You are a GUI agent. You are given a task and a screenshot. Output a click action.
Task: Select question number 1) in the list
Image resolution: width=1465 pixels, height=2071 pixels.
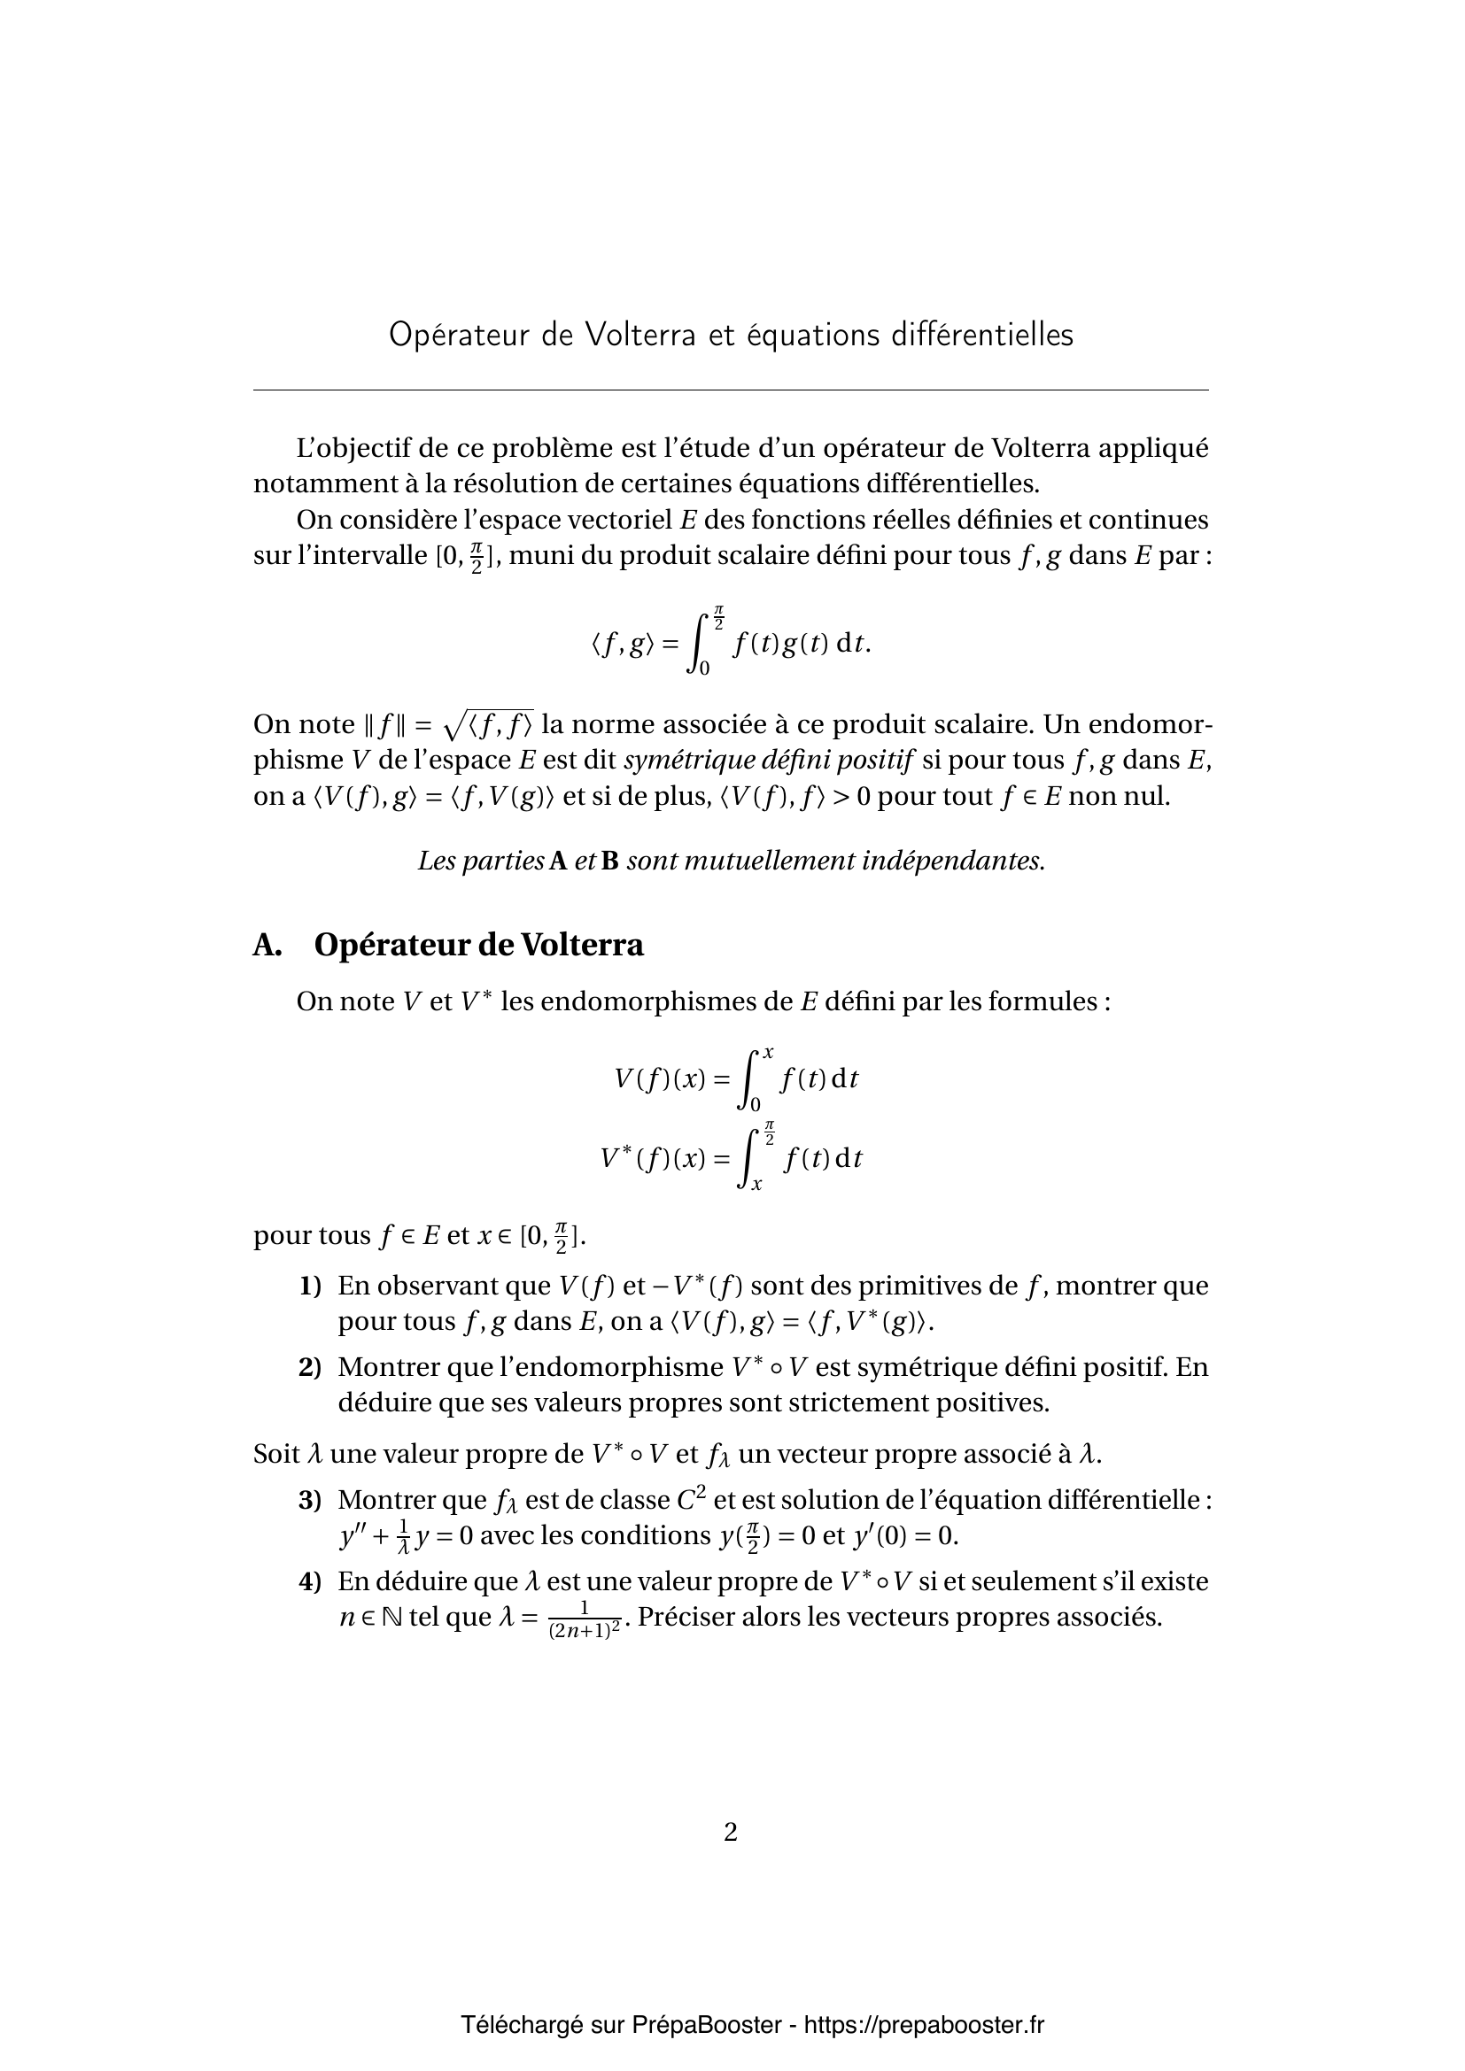309,1286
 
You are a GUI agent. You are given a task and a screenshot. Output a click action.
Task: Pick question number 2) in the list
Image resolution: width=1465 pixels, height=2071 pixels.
309,1366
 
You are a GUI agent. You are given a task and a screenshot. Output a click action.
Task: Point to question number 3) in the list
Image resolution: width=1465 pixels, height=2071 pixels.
309,1500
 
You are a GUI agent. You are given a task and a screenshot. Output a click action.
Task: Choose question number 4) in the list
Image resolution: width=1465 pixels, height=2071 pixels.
309,1581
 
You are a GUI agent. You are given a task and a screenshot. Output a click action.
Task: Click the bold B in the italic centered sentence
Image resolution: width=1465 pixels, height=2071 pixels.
609,862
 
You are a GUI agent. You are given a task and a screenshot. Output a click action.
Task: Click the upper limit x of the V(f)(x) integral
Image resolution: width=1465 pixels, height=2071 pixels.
768,1053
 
